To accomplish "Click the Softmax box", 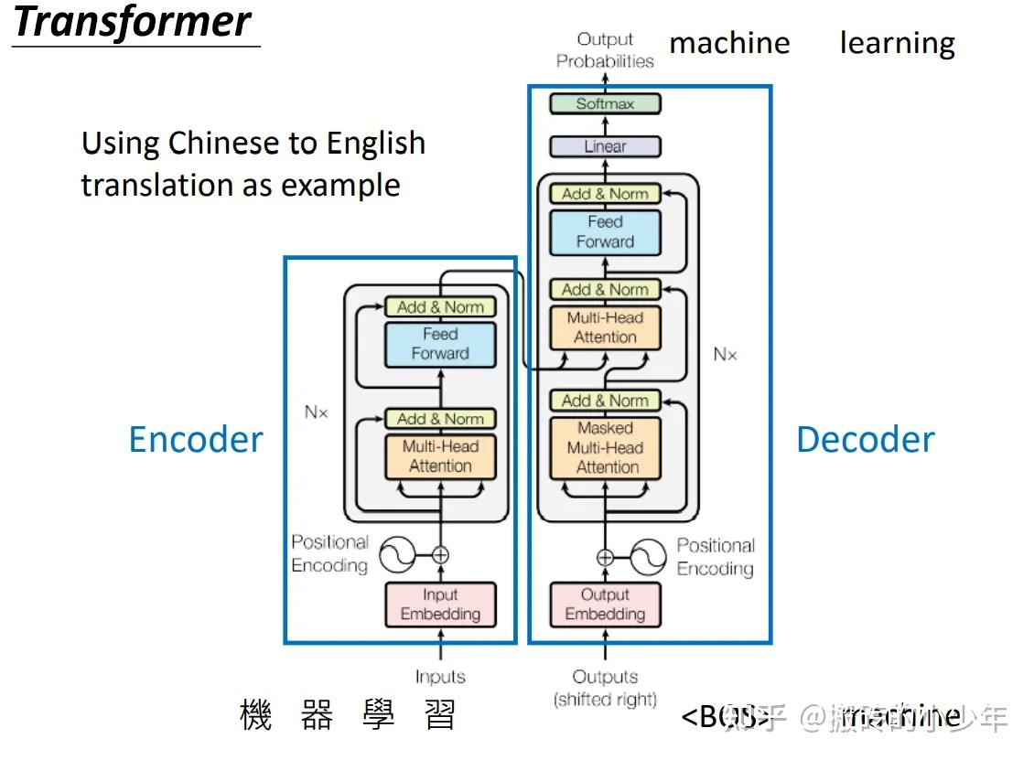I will click(x=605, y=104).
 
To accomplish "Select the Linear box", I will click(x=605, y=146).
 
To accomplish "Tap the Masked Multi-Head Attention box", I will click(x=605, y=447).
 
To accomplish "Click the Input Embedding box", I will click(x=440, y=605).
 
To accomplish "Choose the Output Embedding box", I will click(x=605, y=605).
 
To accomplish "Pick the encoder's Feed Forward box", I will click(x=440, y=344).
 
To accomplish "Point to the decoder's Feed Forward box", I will click(x=605, y=232).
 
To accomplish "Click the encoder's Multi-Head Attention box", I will click(x=440, y=455).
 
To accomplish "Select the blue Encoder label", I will click(x=196, y=440).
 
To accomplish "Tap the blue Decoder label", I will click(x=865, y=440).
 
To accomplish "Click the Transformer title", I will click(x=133, y=22).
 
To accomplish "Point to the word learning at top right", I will click(x=897, y=43).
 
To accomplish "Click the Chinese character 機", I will click(x=256, y=715).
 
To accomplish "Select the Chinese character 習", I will click(x=440, y=715).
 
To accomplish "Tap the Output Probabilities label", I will click(x=605, y=51).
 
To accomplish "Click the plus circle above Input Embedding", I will click(x=440, y=554).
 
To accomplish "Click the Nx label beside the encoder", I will click(x=316, y=412).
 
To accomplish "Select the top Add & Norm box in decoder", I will click(x=605, y=194).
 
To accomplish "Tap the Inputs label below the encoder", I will click(x=440, y=677).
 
